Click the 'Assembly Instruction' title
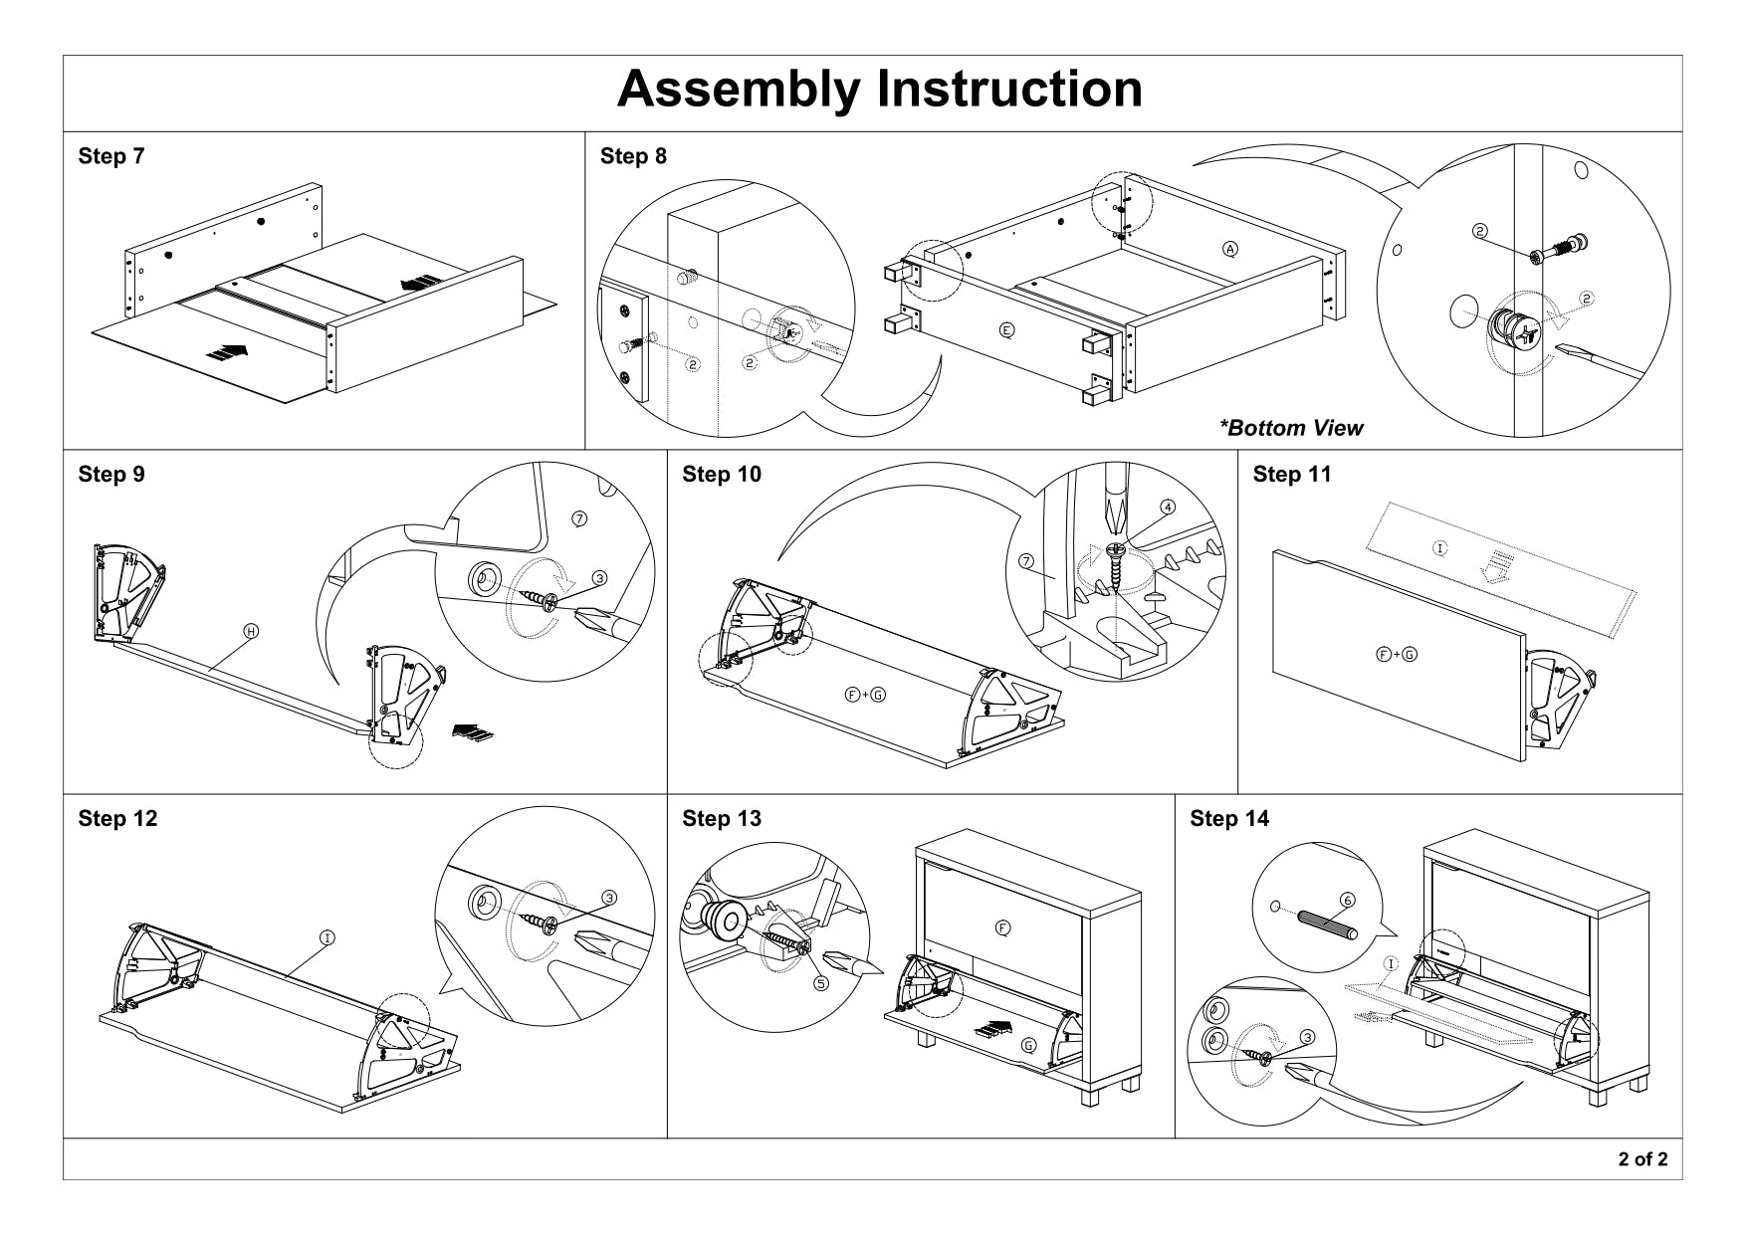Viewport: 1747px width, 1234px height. coord(879,90)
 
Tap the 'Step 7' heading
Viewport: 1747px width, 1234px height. coord(110,156)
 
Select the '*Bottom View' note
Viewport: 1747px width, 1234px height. coord(1291,428)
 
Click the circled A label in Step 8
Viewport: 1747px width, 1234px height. coord(1230,249)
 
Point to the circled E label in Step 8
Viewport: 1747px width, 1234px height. coord(1006,329)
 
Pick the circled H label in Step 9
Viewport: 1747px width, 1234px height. coord(252,631)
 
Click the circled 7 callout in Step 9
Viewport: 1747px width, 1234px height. coord(580,517)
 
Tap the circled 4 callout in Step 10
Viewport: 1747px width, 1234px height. coord(1168,507)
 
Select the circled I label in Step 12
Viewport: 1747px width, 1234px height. coord(326,936)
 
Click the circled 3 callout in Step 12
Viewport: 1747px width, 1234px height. coord(609,897)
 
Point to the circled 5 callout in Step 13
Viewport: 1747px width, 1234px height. coord(821,983)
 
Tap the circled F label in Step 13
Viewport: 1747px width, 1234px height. coord(1002,927)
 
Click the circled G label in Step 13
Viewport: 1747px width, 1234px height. coord(1028,1045)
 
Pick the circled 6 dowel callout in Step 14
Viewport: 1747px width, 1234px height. coord(1347,900)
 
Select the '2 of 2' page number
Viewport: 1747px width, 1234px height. coord(1642,1158)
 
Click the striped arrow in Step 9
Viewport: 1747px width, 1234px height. coord(472,732)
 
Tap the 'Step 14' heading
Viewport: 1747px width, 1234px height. coord(1229,818)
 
